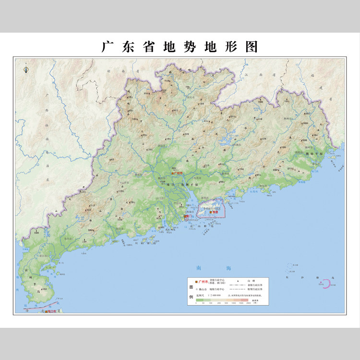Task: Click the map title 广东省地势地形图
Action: [x=180, y=47]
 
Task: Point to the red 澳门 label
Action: [x=187, y=217]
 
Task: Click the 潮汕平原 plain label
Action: [x=314, y=154]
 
